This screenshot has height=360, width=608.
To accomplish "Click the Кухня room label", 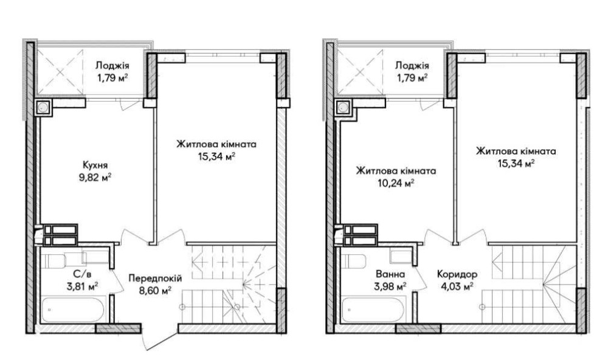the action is click(95, 165).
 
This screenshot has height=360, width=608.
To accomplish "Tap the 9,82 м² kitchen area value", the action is click(95, 178).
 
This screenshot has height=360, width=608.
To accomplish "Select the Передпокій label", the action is click(155, 278).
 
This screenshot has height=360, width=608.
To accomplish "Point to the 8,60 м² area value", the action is click(156, 291).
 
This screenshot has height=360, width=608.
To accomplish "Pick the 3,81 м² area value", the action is click(81, 287).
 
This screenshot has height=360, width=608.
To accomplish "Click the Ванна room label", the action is click(390, 274).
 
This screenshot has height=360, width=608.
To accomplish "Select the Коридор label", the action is click(457, 274).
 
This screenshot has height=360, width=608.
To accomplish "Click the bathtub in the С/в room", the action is click(73, 309).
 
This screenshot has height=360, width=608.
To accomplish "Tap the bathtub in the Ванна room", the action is click(374, 309).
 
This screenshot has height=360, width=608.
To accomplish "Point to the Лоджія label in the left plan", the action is click(112, 66).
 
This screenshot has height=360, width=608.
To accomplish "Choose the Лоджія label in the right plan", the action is click(412, 66).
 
